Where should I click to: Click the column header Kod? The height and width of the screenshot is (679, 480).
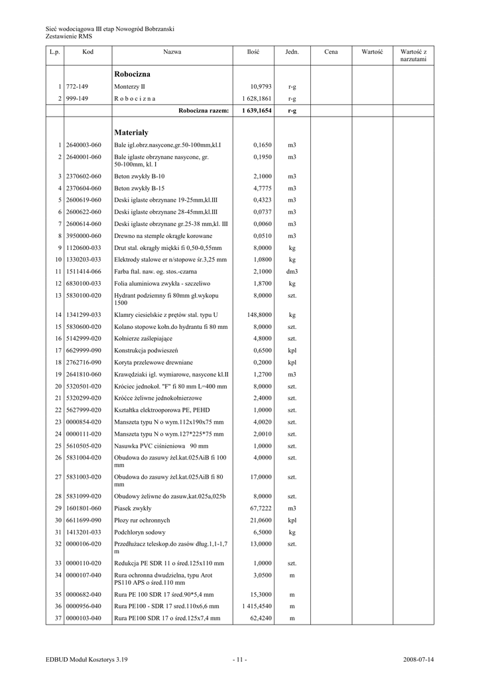(88, 51)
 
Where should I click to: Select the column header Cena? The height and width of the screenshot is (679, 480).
(331, 51)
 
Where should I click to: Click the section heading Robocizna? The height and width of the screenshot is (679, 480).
(133, 74)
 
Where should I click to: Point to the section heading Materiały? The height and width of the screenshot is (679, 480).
(131, 132)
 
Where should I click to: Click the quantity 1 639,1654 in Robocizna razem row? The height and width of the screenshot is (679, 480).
(257, 111)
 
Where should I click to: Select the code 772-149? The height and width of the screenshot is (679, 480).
(78, 87)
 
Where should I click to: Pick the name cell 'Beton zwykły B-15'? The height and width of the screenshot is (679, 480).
(139, 188)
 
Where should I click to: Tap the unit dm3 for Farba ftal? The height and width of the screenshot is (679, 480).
(292, 272)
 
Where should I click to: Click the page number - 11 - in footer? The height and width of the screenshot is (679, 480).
(240, 660)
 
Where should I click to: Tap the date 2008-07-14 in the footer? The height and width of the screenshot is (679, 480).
(418, 660)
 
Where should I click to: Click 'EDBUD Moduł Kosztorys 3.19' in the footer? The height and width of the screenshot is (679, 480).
(87, 660)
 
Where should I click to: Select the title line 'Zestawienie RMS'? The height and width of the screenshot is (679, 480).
(68, 36)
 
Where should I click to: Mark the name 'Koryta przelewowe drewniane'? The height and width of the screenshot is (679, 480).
(153, 363)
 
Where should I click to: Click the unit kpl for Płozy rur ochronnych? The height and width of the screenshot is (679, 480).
(292, 521)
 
